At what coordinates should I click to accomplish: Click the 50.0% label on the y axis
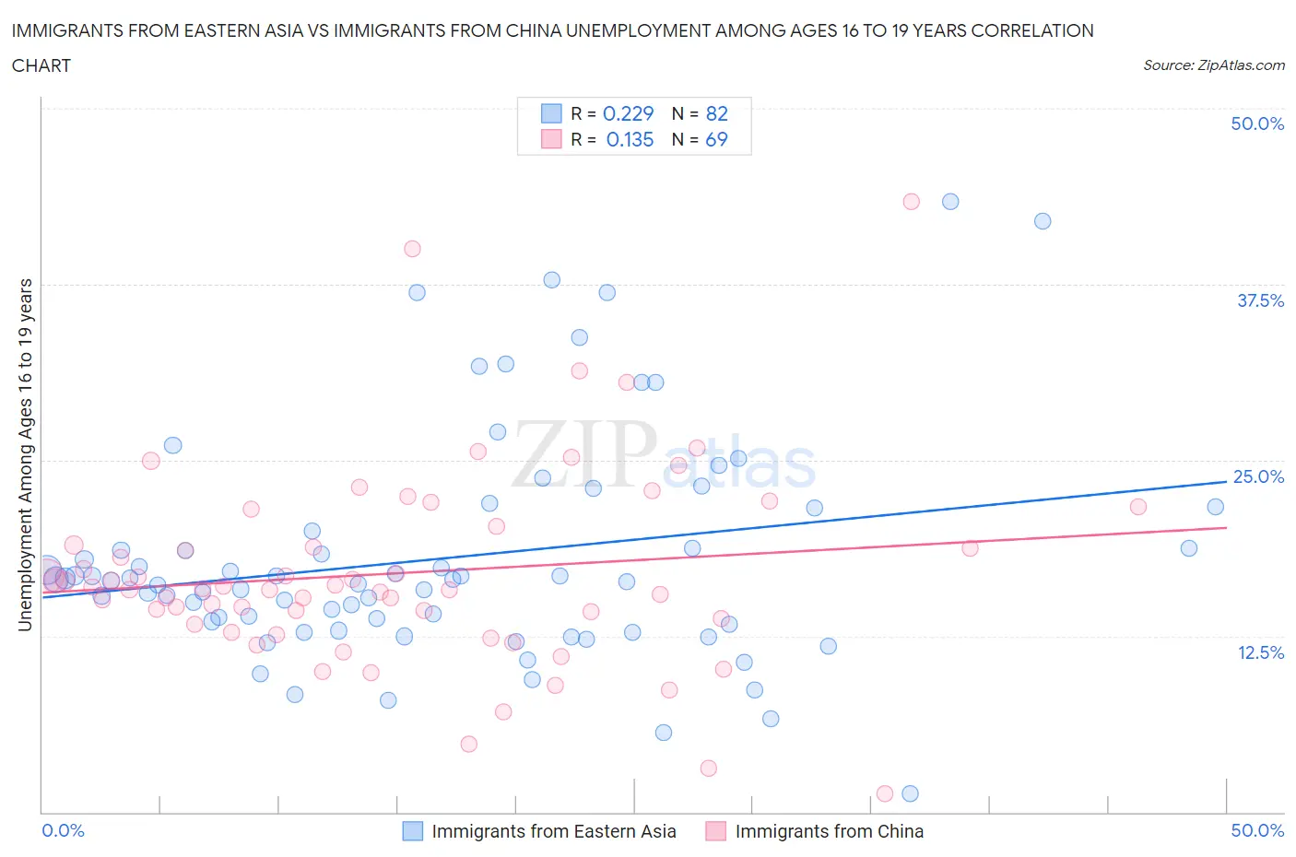(1257, 123)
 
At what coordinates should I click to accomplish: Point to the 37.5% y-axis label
(1260, 300)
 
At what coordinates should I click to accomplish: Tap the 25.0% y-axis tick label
(1258, 476)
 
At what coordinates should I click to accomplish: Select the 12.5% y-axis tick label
(1260, 652)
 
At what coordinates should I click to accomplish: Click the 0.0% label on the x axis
(63, 830)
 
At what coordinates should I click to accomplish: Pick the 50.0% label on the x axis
(1257, 830)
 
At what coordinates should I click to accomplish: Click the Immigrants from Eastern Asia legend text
(553, 831)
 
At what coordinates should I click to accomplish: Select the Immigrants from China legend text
(829, 831)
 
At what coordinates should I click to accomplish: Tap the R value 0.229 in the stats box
(628, 113)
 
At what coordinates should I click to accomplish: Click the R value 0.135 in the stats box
(630, 139)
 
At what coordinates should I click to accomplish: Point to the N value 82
(716, 113)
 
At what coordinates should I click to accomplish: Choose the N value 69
(716, 139)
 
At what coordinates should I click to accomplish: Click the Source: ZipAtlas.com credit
(1213, 65)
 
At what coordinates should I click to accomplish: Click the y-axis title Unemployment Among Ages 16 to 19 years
(25, 455)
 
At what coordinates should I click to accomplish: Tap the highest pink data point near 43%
(911, 202)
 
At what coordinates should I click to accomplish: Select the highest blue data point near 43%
(950, 202)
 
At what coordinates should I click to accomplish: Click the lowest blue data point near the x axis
(910, 793)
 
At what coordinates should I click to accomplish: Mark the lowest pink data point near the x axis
(885, 793)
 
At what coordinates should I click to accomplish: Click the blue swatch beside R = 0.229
(551, 113)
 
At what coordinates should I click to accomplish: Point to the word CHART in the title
(41, 65)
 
